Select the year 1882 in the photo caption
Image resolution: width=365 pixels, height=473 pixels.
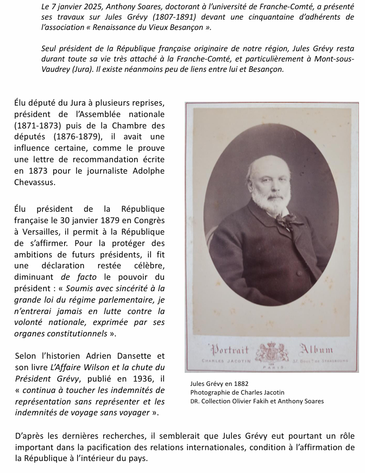click(240, 384)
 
